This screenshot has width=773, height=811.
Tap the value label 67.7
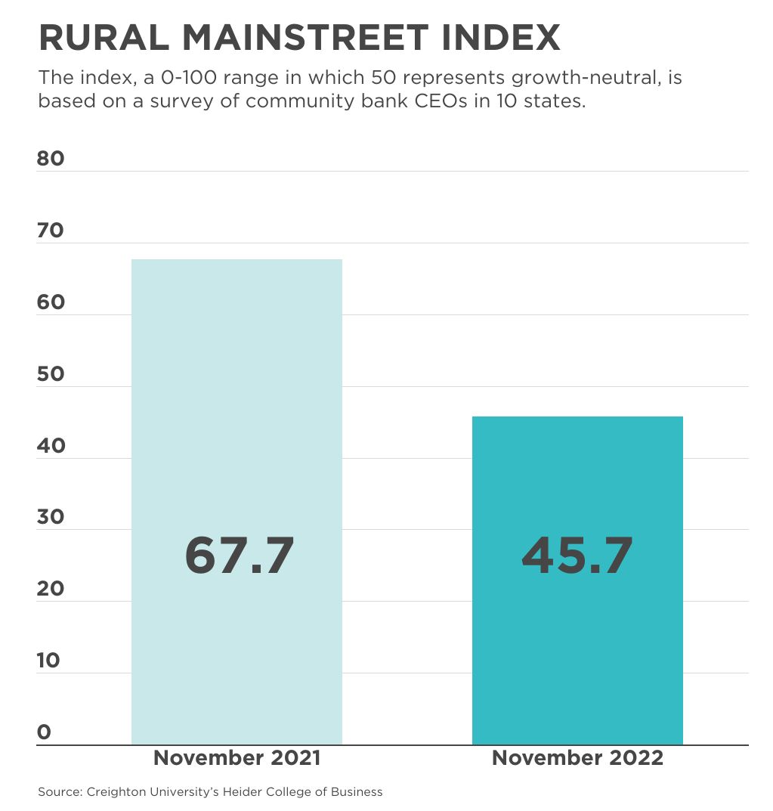pyautogui.click(x=239, y=556)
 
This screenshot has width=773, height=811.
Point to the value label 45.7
pyautogui.click(x=577, y=556)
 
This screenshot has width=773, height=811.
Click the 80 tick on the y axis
pyautogui.click(x=51, y=159)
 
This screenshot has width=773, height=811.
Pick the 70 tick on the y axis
pyautogui.click(x=51, y=231)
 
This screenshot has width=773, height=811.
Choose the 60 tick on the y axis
pyautogui.click(x=51, y=302)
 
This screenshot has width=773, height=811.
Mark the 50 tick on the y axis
pyautogui.click(x=51, y=374)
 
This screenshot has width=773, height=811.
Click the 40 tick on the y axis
pyautogui.click(x=51, y=446)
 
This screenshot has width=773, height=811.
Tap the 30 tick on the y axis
pyautogui.click(x=51, y=518)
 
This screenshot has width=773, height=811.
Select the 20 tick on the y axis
pyautogui.click(x=51, y=589)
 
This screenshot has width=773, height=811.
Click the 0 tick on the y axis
pyautogui.click(x=44, y=732)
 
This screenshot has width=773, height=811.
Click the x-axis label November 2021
pyautogui.click(x=237, y=758)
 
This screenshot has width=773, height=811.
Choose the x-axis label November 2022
pyautogui.click(x=577, y=758)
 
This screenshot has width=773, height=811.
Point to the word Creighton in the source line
pyautogui.click(x=112, y=792)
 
